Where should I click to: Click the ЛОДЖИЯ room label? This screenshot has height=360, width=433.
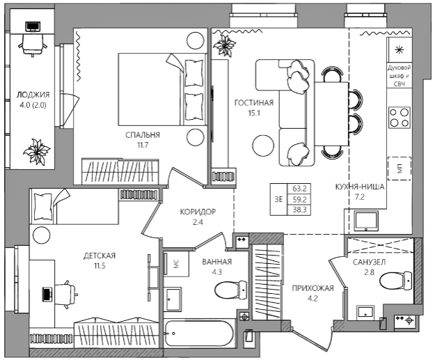point(33,95)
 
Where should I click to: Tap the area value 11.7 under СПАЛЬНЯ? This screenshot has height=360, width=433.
point(143,145)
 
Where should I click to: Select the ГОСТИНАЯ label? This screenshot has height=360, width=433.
point(254,103)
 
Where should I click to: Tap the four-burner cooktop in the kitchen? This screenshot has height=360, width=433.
point(399,118)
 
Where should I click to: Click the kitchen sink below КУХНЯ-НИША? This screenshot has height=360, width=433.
point(366,221)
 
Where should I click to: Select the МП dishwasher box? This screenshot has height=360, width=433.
point(400,169)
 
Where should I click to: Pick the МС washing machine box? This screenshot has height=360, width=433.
point(176,263)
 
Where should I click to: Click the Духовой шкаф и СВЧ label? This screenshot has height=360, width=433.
point(399,76)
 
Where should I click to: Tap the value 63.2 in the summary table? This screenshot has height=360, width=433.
point(299,189)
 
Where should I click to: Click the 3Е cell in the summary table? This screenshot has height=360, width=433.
point(278,199)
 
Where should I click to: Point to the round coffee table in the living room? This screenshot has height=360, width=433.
point(263,146)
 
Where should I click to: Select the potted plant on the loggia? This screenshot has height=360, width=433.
point(36,152)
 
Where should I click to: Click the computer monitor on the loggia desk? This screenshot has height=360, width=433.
point(32,26)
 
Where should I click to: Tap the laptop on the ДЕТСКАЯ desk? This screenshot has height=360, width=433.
point(47,294)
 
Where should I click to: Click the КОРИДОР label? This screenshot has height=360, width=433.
point(198,212)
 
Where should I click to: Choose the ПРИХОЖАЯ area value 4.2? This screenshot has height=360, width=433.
point(313,299)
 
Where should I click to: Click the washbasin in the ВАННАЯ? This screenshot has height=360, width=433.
point(173,299)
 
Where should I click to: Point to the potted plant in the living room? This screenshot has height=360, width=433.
point(224,45)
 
